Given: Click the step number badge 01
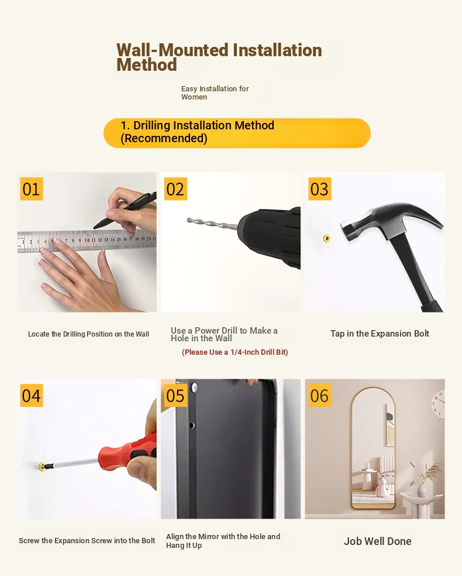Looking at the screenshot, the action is click(31, 189).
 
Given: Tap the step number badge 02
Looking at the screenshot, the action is click(175, 189).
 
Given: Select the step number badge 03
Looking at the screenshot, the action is click(320, 189).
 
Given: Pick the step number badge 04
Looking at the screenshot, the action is click(31, 395).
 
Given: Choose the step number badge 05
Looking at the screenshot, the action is click(175, 395).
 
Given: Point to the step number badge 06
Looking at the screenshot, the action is click(320, 395).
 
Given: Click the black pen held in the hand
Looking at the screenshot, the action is click(125, 211).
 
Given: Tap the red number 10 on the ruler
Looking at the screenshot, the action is click(87, 240).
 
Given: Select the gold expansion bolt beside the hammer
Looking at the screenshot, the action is click(326, 239).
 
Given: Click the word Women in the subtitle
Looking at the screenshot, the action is click(194, 97).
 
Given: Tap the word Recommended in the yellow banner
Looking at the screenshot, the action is click(164, 139).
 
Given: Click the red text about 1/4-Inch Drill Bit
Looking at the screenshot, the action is click(235, 352).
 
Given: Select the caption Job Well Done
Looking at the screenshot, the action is click(378, 541).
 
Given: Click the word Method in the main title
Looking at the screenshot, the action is click(147, 65).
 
